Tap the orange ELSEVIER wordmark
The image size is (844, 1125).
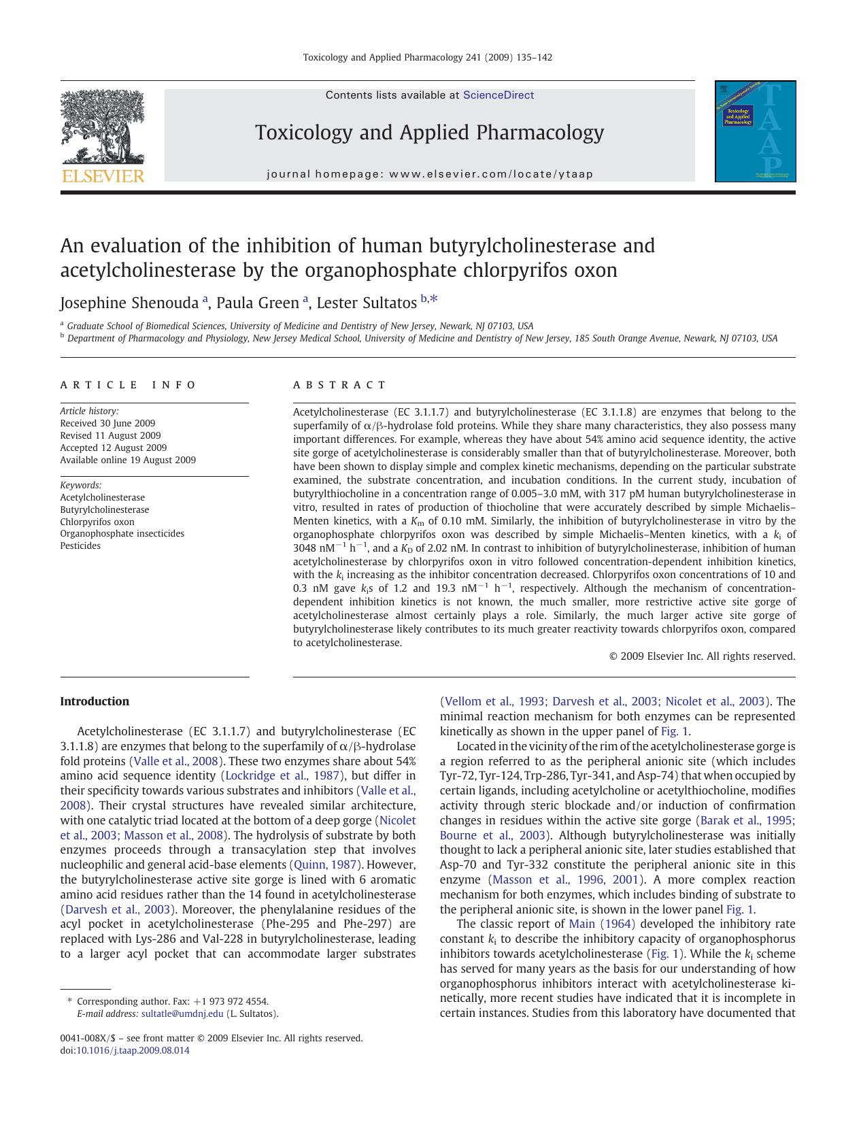tap(103, 177)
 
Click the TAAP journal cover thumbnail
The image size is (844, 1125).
tap(755, 131)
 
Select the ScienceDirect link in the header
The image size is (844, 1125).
tap(498, 95)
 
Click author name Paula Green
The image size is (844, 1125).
tap(258, 303)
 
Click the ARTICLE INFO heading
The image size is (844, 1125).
tap(128, 385)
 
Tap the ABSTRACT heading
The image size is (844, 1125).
tap(339, 385)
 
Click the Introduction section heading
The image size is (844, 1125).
tap(95, 701)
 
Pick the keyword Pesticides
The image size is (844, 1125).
tap(80, 545)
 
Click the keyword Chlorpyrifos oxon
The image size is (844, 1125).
tap(97, 522)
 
